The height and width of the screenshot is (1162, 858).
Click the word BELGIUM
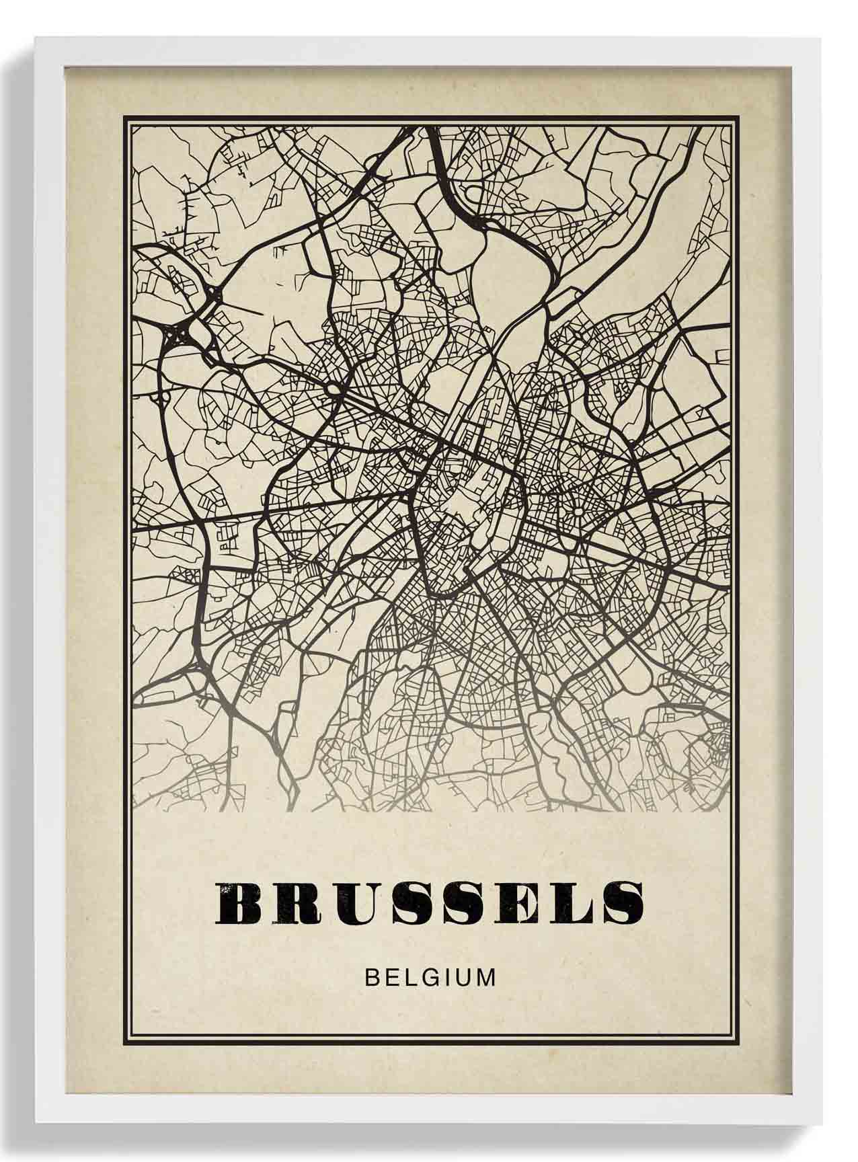pyautogui.click(x=430, y=977)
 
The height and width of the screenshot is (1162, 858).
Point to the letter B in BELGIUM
pyautogui.click(x=372, y=977)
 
